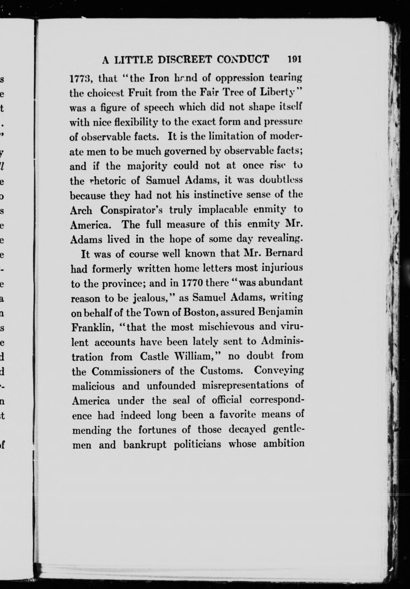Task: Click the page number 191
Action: (x=294, y=59)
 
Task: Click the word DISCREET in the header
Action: (x=185, y=59)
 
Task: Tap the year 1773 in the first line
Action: (x=79, y=78)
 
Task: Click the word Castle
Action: (x=154, y=357)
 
